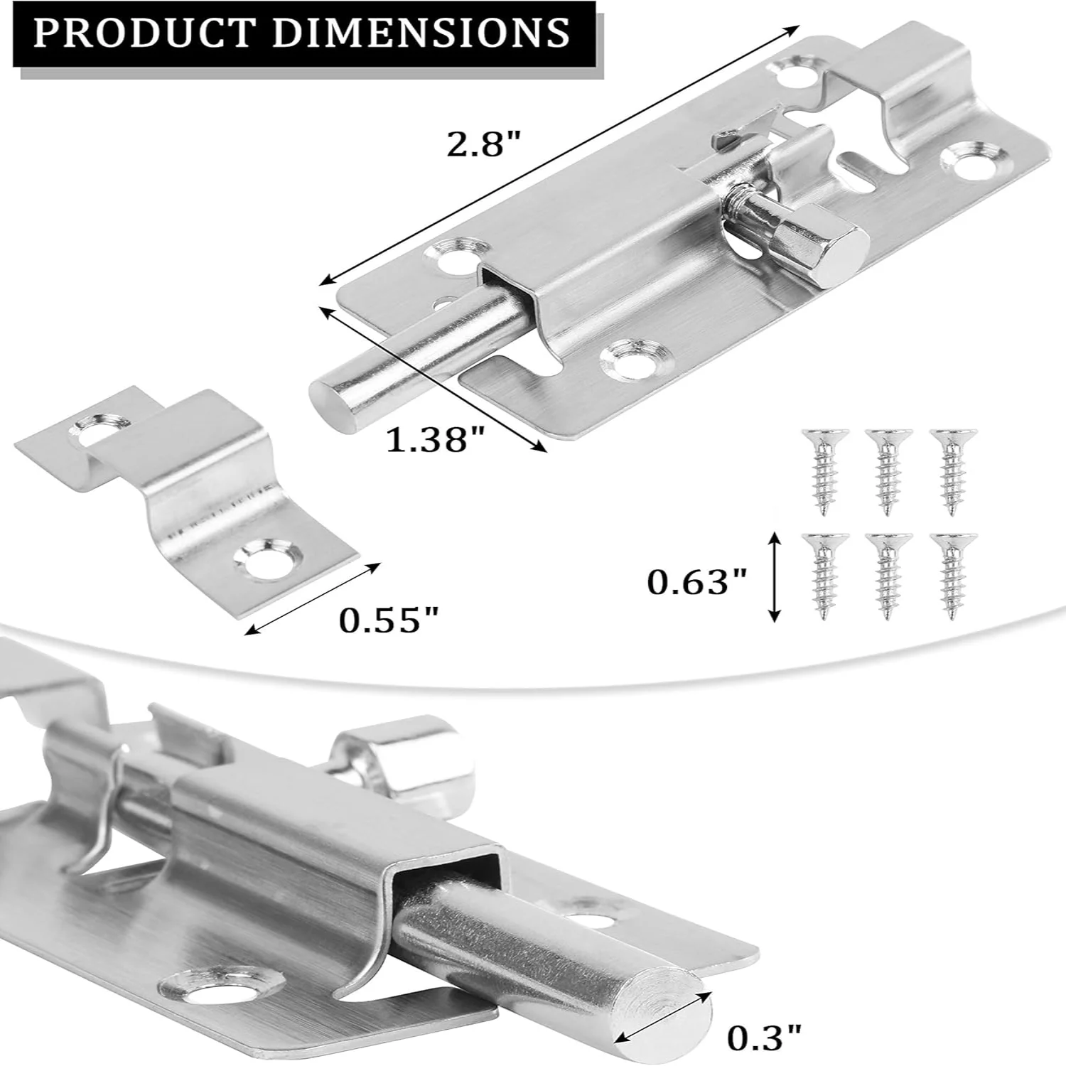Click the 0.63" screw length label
tap(697, 583)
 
